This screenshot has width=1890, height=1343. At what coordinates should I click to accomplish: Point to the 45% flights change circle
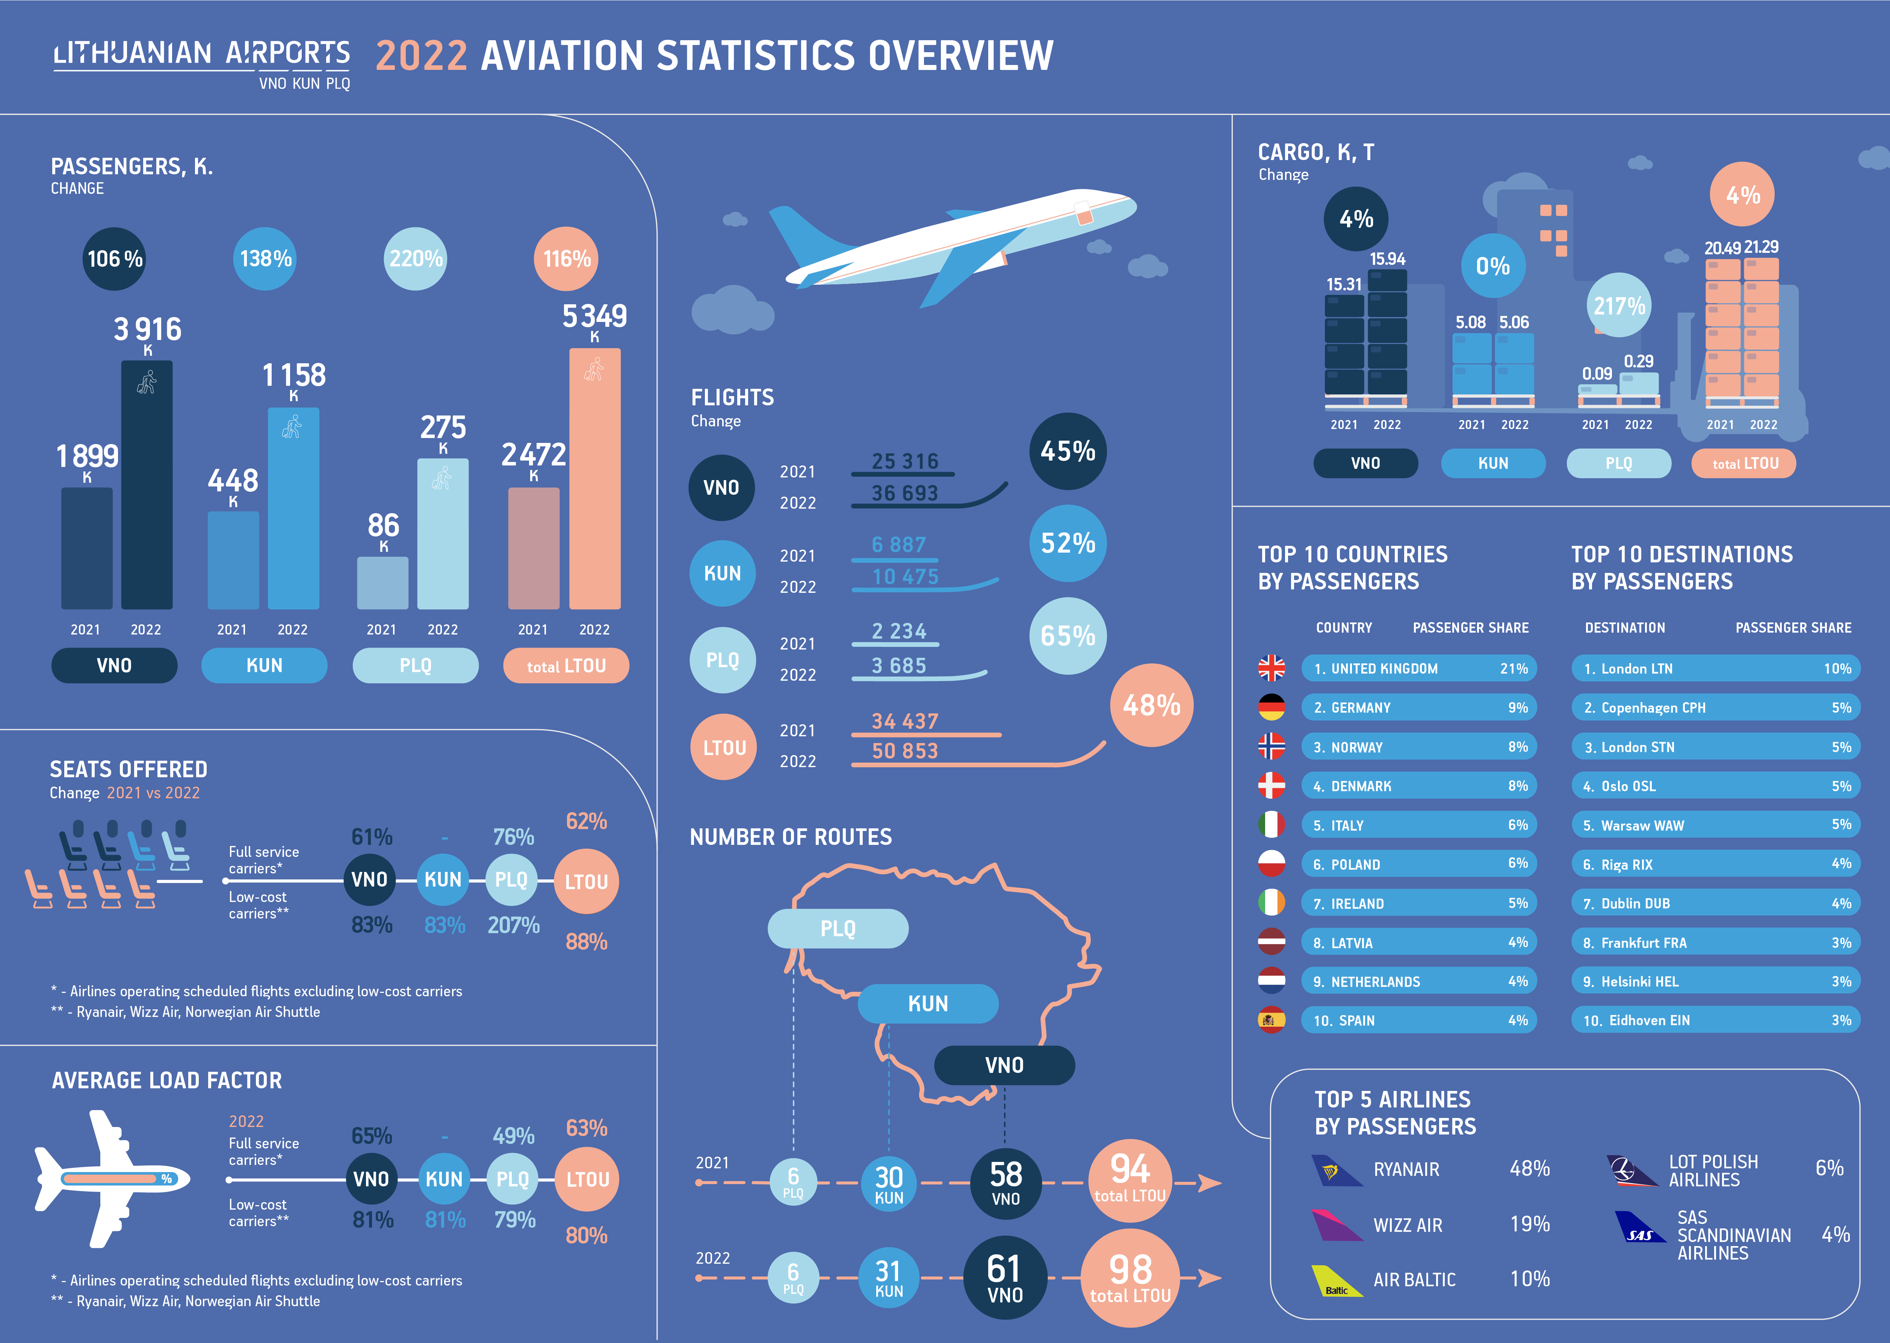click(1068, 452)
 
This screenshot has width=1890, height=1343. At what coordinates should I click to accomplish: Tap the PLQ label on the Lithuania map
click(838, 929)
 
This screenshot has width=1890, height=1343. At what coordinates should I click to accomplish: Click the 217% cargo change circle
click(1619, 306)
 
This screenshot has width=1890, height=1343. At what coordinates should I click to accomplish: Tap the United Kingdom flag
click(1271, 668)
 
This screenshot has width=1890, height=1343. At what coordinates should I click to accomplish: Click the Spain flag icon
click(1271, 1020)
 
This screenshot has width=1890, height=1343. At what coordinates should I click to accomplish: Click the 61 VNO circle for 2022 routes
click(1005, 1278)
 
